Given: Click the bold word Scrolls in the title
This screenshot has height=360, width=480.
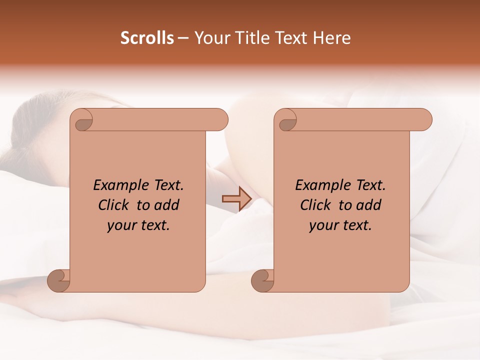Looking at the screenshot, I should click(x=147, y=38).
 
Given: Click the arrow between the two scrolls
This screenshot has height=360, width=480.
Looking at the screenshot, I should click(x=236, y=199).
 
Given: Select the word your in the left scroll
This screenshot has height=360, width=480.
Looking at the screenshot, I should click(x=119, y=226).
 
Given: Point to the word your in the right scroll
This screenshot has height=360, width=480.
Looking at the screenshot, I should click(x=321, y=226).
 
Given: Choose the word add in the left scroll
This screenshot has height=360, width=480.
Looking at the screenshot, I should click(x=167, y=205).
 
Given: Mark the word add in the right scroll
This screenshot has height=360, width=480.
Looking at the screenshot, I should click(x=369, y=205).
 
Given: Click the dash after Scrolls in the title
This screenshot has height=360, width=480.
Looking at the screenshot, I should click(x=183, y=38).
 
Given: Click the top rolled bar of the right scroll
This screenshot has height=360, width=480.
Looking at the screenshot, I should click(x=360, y=120).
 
